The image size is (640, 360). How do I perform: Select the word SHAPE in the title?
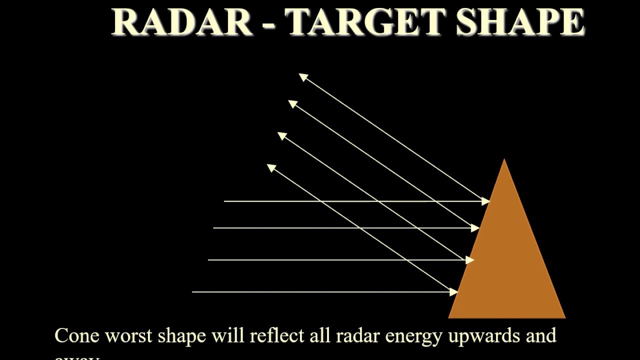tap(520, 22)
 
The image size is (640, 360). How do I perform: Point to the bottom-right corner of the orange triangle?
tap(564, 317)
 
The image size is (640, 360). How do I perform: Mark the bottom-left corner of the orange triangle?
tap(449, 317)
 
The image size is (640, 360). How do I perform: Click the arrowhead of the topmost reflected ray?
tap(303, 77)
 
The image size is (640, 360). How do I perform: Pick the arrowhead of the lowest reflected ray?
tap(271, 167)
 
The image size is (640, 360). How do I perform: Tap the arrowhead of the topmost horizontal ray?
tap(485, 201)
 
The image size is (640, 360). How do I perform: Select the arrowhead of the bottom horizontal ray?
tap(454, 292)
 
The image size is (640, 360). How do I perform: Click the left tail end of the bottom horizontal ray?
tap(193, 292)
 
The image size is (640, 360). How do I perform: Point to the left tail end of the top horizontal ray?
tap(225, 201)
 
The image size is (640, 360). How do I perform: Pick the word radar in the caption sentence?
tap(357, 335)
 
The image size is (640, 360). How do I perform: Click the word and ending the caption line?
tap(540, 335)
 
